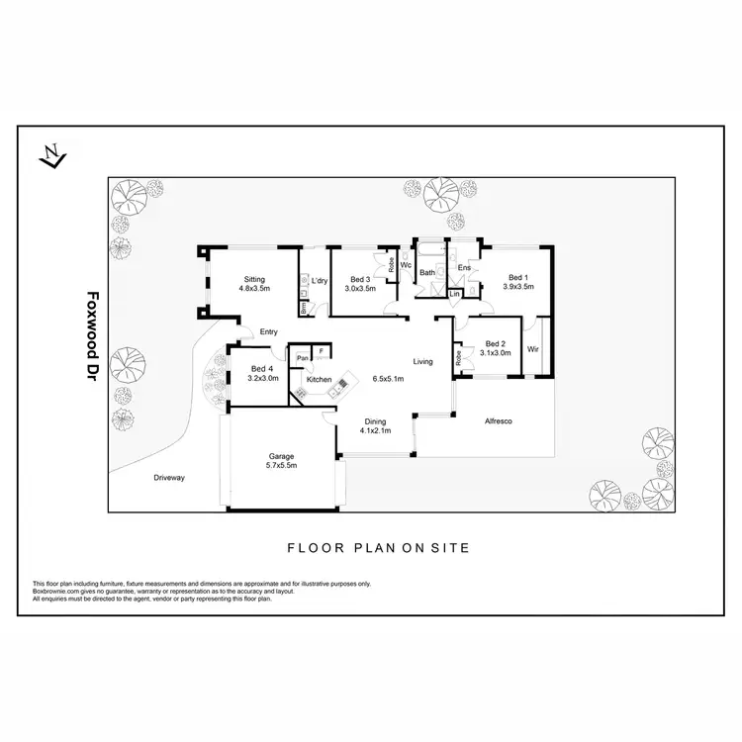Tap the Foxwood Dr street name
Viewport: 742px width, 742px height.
tap(94, 335)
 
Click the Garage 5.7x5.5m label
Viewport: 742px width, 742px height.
tap(282, 460)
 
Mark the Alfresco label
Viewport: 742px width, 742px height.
tap(497, 421)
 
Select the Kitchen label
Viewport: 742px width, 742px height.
tap(319, 380)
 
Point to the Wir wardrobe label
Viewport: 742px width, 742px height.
tap(533, 349)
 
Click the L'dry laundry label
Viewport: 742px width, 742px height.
tap(320, 282)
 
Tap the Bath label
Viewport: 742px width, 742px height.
tap(427, 272)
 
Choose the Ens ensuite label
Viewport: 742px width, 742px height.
tap(463, 268)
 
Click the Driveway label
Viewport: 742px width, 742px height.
tap(169, 478)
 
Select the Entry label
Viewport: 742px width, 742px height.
tap(269, 332)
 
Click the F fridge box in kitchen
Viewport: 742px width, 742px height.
tap(322, 351)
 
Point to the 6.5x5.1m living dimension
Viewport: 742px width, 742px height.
tap(389, 379)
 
